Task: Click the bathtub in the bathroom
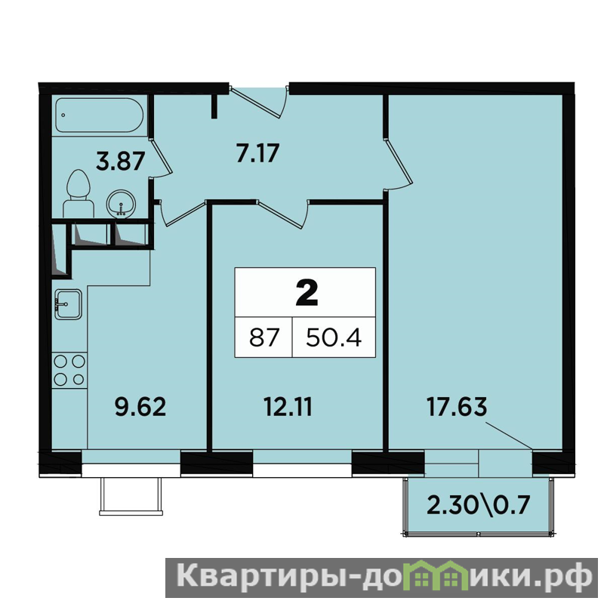coord(100,116)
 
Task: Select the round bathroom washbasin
coord(121,203)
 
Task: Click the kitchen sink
coord(68,304)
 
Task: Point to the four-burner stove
coord(69,370)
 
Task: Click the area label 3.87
coord(121,161)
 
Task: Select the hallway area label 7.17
coord(257,153)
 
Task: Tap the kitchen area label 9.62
coord(140,407)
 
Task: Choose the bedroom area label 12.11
coord(288,407)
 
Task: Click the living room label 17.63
coord(457,407)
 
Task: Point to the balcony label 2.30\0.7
coord(479,505)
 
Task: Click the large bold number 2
coord(307,292)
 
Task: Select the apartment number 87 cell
coord(263,337)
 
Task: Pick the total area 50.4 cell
coord(334,337)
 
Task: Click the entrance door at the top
coord(259,102)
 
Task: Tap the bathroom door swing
coord(161,158)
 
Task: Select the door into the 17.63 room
coord(399,165)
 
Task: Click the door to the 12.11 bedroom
coord(283,214)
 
